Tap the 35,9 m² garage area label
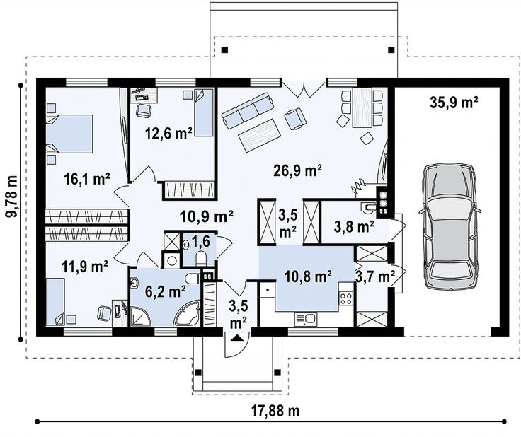click(454, 103)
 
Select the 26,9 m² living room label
click(297, 170)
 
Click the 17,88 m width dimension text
click(275, 411)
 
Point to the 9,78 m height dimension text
click(12, 197)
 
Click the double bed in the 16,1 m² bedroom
click(69, 134)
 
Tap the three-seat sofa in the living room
click(248, 110)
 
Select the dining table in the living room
click(362, 107)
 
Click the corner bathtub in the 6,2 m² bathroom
click(188, 314)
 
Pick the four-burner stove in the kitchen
click(345, 298)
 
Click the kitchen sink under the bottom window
click(306, 319)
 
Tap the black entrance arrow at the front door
click(236, 338)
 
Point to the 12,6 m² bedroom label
click(168, 134)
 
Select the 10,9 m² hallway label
click(206, 216)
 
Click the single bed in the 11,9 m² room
click(55, 302)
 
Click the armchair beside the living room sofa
click(295, 119)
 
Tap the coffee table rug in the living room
click(260, 135)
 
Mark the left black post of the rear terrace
click(225, 49)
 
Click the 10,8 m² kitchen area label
click(309, 276)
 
